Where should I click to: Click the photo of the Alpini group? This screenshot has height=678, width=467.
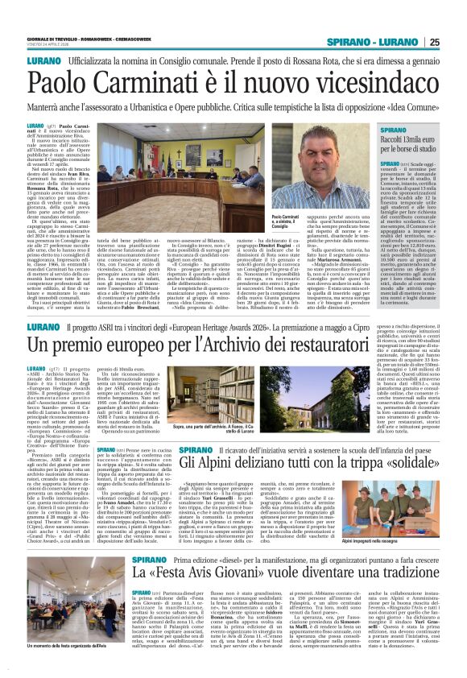(x=389, y=497)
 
